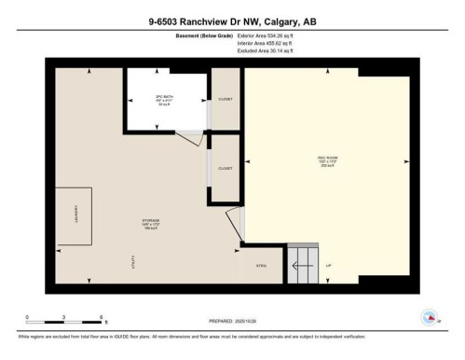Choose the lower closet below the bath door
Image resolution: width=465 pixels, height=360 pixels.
225,170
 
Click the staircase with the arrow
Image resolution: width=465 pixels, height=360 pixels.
303,266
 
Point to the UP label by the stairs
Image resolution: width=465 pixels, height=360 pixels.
327,265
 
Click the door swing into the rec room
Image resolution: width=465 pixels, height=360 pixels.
236,224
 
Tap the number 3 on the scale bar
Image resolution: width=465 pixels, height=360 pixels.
62,317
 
